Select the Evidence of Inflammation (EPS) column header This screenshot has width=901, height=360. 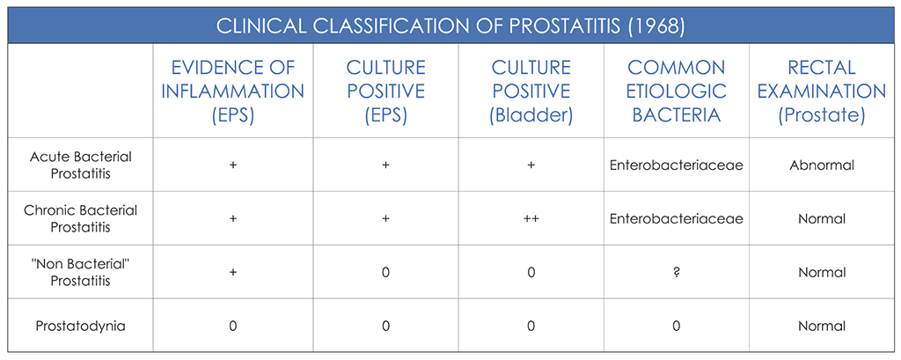pyautogui.click(x=232, y=91)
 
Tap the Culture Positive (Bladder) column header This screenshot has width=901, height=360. pyautogui.click(x=531, y=91)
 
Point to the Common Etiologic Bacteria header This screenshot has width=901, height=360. pyautogui.click(x=676, y=91)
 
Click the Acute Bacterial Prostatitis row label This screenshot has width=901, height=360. pyautogui.click(x=80, y=165)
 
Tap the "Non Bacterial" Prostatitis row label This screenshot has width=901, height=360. pyautogui.click(x=80, y=272)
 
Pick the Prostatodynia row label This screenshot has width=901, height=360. pyautogui.click(x=80, y=326)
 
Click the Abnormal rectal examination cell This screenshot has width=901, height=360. pyautogui.click(x=821, y=165)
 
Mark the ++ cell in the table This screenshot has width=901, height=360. pyautogui.click(x=531, y=218)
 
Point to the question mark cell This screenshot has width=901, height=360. pyautogui.click(x=676, y=272)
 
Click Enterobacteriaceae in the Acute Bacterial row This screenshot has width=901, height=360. pyautogui.click(x=676, y=165)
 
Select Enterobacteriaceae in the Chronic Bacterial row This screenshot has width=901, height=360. pyautogui.click(x=676, y=218)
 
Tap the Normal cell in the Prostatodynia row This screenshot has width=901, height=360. pyautogui.click(x=821, y=326)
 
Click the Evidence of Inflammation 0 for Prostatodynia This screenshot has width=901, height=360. pyautogui.click(x=232, y=326)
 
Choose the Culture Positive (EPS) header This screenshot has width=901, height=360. pyautogui.click(x=385, y=91)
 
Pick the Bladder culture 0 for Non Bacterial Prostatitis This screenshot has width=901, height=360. pyautogui.click(x=531, y=272)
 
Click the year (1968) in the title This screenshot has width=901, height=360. pyautogui.click(x=655, y=26)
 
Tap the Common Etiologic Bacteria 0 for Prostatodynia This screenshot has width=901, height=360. pyautogui.click(x=676, y=326)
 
